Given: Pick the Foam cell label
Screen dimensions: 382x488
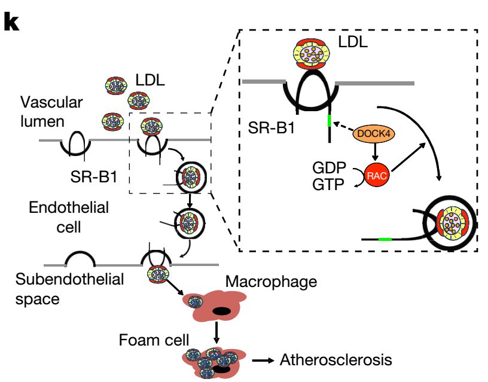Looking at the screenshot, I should pyautogui.click(x=146, y=341).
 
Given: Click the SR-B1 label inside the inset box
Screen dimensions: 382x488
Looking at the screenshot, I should pyautogui.click(x=273, y=127).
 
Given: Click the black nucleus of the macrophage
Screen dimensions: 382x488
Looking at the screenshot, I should pyautogui.click(x=221, y=311).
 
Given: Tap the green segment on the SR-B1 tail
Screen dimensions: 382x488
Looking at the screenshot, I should pyautogui.click(x=329, y=120).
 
